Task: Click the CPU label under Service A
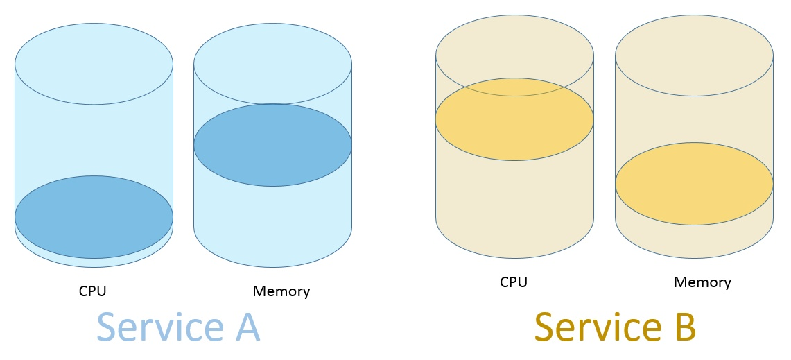point(92,291)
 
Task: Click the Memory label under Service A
point(281,291)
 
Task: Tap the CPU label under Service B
point(514,282)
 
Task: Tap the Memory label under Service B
point(702,282)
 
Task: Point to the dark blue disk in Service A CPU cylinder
point(94,217)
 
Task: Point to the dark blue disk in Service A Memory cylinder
point(272,145)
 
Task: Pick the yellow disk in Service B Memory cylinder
point(694,184)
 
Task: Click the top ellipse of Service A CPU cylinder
point(94,63)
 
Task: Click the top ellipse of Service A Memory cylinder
point(272,63)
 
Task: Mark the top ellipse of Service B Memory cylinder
point(694,55)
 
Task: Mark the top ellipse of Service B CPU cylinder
point(514,49)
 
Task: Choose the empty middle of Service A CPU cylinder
point(94,139)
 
